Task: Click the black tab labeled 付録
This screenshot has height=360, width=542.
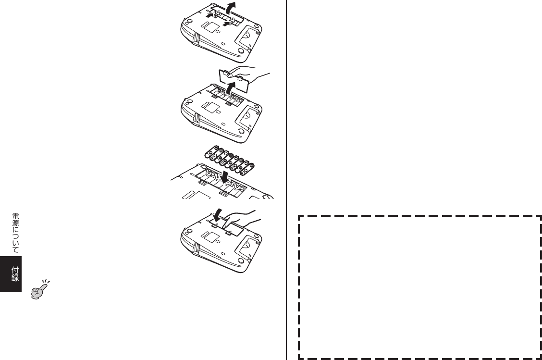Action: pyautogui.click(x=11, y=274)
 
